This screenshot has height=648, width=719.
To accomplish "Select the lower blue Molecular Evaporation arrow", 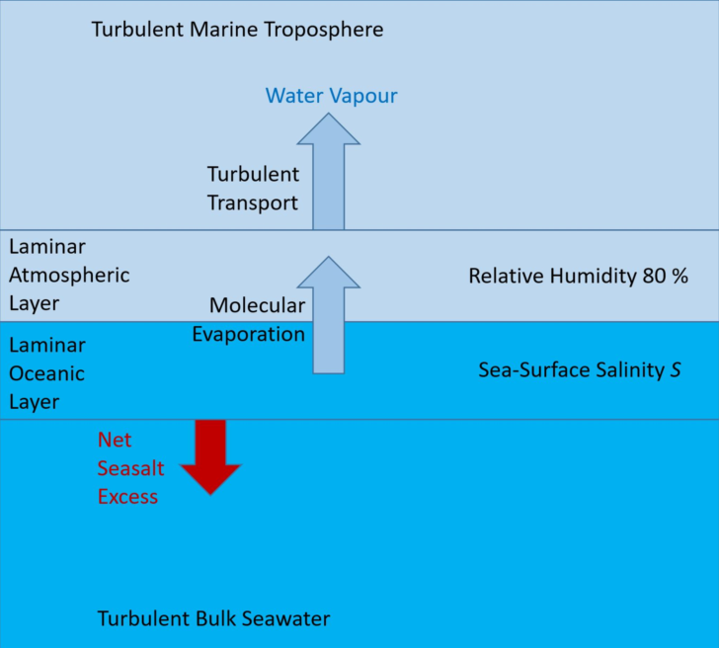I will pos(328,316).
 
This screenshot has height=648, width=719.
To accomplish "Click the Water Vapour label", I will pos(331,96).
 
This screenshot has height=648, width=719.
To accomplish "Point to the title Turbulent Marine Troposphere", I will pos(237,29).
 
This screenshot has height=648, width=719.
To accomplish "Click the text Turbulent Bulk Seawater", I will pos(213,619).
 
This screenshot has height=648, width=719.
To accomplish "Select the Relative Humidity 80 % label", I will pos(578,276).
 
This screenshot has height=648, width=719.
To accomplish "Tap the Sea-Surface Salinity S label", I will pos(580,370).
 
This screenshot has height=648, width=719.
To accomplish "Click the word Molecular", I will pos(257,305).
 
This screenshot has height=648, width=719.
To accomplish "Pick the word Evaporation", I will pos(248,334).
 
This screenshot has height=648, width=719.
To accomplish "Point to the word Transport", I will pos(252,202).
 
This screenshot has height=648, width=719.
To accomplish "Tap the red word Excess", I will pos(127,496).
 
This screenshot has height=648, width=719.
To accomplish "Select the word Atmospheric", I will pos(69,275).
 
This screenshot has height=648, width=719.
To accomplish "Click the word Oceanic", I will pos(46,373).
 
